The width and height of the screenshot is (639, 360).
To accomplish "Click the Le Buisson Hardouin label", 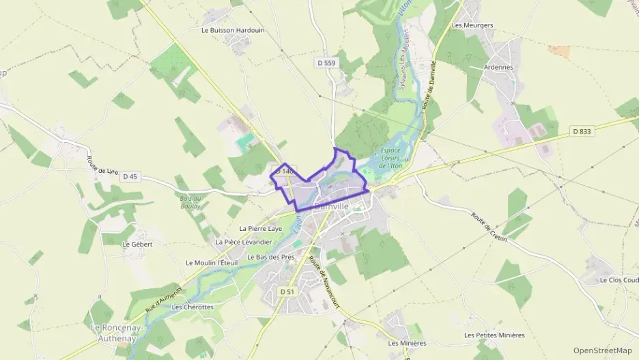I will pos(233,30).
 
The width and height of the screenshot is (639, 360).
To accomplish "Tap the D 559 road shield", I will pos(327,63).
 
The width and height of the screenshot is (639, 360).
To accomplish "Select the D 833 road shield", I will pos(582,131).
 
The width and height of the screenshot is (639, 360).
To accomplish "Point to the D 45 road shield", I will pos(130,176).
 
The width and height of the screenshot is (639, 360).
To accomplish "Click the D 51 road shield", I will pos(287,291).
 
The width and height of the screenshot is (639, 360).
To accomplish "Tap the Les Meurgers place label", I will pos(472,25).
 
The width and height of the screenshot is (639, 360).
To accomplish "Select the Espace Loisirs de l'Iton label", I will pos(391,158).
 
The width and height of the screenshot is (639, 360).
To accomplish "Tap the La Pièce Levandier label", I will pos(244,242).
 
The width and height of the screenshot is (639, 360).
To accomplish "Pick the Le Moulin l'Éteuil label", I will pos(212,262).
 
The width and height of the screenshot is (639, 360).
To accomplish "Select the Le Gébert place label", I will pos(137,243).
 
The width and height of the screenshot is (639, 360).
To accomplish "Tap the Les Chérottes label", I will pos(193,307).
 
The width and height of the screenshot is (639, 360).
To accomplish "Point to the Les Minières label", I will pos(407,343).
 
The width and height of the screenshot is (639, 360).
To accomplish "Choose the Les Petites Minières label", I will pos(494,335).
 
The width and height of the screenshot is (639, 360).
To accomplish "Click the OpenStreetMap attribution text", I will pos(603,350).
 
